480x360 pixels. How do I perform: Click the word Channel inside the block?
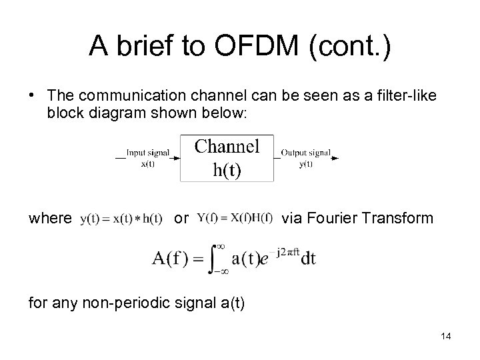[x=227, y=145]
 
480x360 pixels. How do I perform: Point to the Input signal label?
[x=148, y=153]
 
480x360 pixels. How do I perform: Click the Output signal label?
[x=305, y=153]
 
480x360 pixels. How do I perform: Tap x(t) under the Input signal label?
[x=148, y=164]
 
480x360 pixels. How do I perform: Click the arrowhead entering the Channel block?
[x=176, y=158]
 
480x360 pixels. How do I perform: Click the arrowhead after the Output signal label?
[x=335, y=158]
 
